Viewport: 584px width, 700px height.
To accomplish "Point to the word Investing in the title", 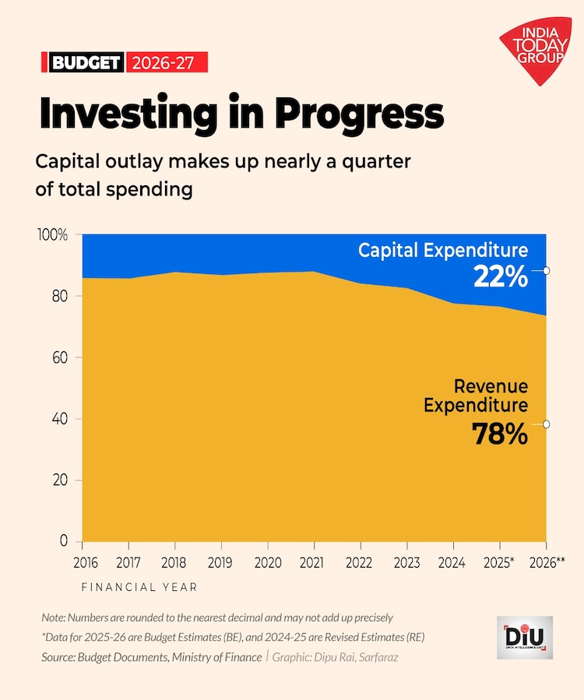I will point(129,114).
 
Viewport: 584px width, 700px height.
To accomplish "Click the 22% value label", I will point(501,276).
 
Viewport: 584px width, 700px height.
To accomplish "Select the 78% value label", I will point(501,434).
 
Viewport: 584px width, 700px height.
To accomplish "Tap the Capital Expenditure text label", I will point(443,251).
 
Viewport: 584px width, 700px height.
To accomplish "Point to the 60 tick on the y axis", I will point(60,358).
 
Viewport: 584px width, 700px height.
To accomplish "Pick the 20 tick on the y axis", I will point(60,480).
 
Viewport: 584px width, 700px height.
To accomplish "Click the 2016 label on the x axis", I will point(83,561).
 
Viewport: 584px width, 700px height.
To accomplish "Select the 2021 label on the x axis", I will point(314,561).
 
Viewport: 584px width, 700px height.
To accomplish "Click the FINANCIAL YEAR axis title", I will point(139,586).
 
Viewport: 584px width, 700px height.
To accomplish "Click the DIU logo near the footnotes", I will point(524,638).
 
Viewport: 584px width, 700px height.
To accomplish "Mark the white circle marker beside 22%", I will point(547,271).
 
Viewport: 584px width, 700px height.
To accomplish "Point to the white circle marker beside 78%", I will point(547,424).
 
